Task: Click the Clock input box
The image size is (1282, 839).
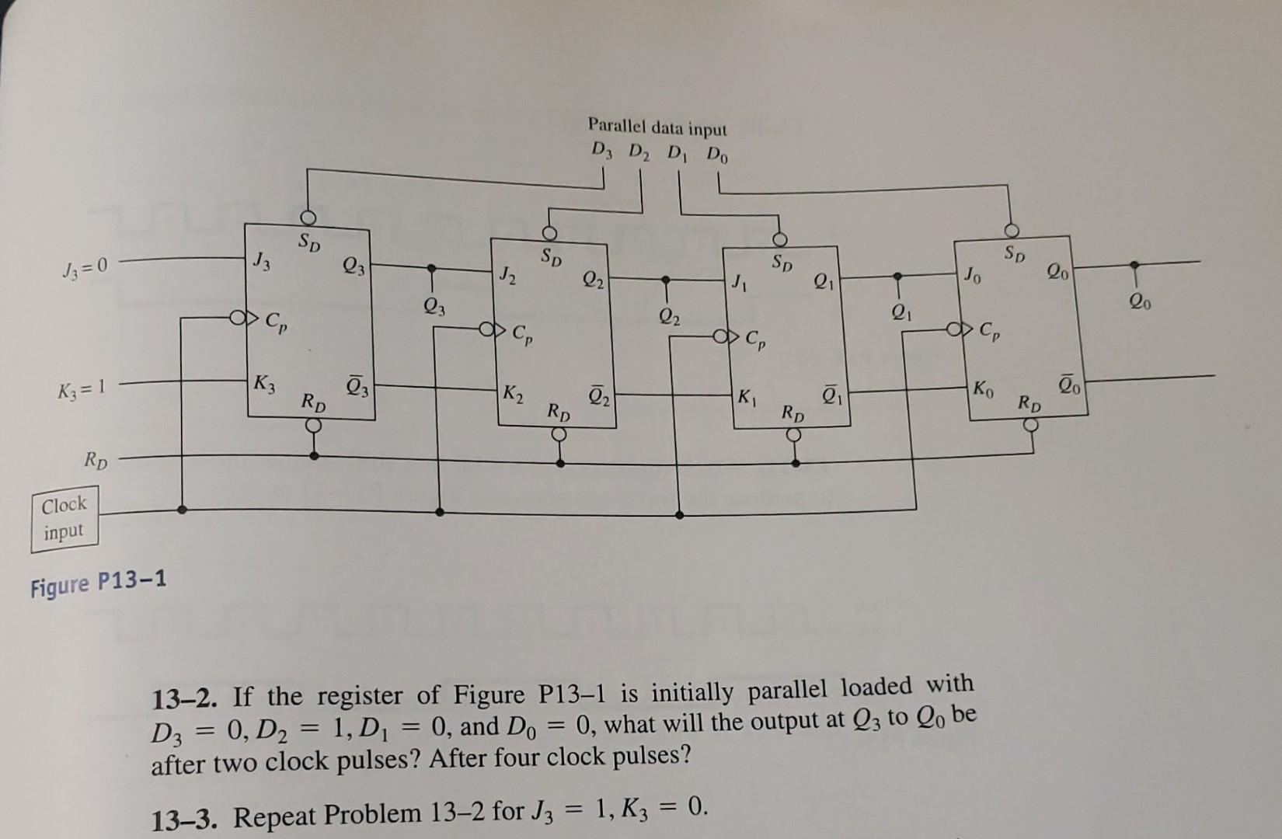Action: (x=64, y=518)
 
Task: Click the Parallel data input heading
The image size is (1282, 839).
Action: (x=657, y=127)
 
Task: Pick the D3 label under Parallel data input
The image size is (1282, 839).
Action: (x=602, y=149)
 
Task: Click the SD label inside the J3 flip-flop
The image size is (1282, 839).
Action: (x=309, y=243)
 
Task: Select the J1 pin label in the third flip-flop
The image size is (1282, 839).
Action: (x=738, y=280)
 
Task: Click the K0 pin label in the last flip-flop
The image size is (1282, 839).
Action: (x=983, y=388)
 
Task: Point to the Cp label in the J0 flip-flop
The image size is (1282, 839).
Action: (x=991, y=332)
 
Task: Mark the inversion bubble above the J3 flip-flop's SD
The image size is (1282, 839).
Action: (x=309, y=216)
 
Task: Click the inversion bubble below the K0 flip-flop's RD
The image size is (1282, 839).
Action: (x=1031, y=425)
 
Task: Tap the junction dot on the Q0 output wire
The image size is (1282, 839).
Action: (x=1135, y=265)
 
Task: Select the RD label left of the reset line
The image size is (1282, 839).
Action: (x=96, y=464)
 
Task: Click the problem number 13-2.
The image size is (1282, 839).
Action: (x=186, y=698)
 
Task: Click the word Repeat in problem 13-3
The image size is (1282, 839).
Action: (x=275, y=816)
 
